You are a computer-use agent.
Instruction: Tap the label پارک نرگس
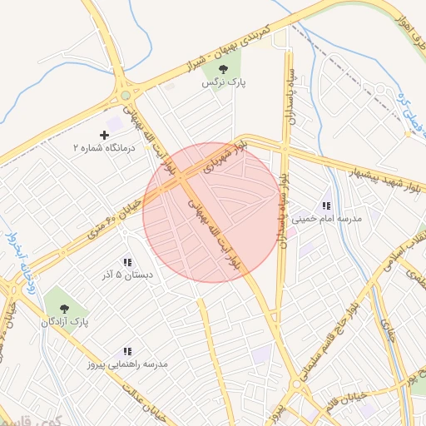point(223,84)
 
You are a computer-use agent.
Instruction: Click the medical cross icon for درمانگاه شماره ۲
point(104,134)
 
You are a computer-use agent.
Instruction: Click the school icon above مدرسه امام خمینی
point(326,205)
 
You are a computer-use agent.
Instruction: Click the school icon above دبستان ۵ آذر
point(127,261)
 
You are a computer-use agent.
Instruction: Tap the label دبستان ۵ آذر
point(127,275)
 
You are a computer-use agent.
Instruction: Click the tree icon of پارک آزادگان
point(64,307)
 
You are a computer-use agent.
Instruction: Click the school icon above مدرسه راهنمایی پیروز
point(128,352)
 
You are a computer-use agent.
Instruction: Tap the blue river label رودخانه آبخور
point(21,254)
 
